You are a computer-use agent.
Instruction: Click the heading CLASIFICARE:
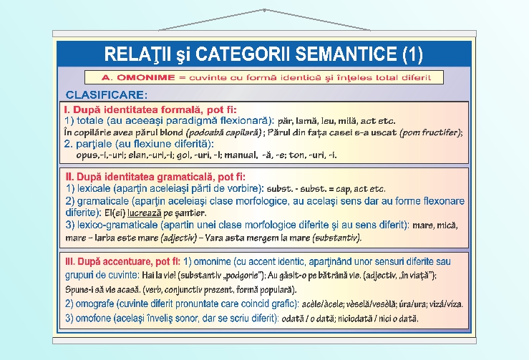click(107, 94)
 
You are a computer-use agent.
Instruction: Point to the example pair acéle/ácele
click(324, 304)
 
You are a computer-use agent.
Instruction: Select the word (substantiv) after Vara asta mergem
click(336, 237)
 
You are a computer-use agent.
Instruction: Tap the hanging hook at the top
click(264, 11)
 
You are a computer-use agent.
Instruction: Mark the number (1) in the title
click(412, 54)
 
